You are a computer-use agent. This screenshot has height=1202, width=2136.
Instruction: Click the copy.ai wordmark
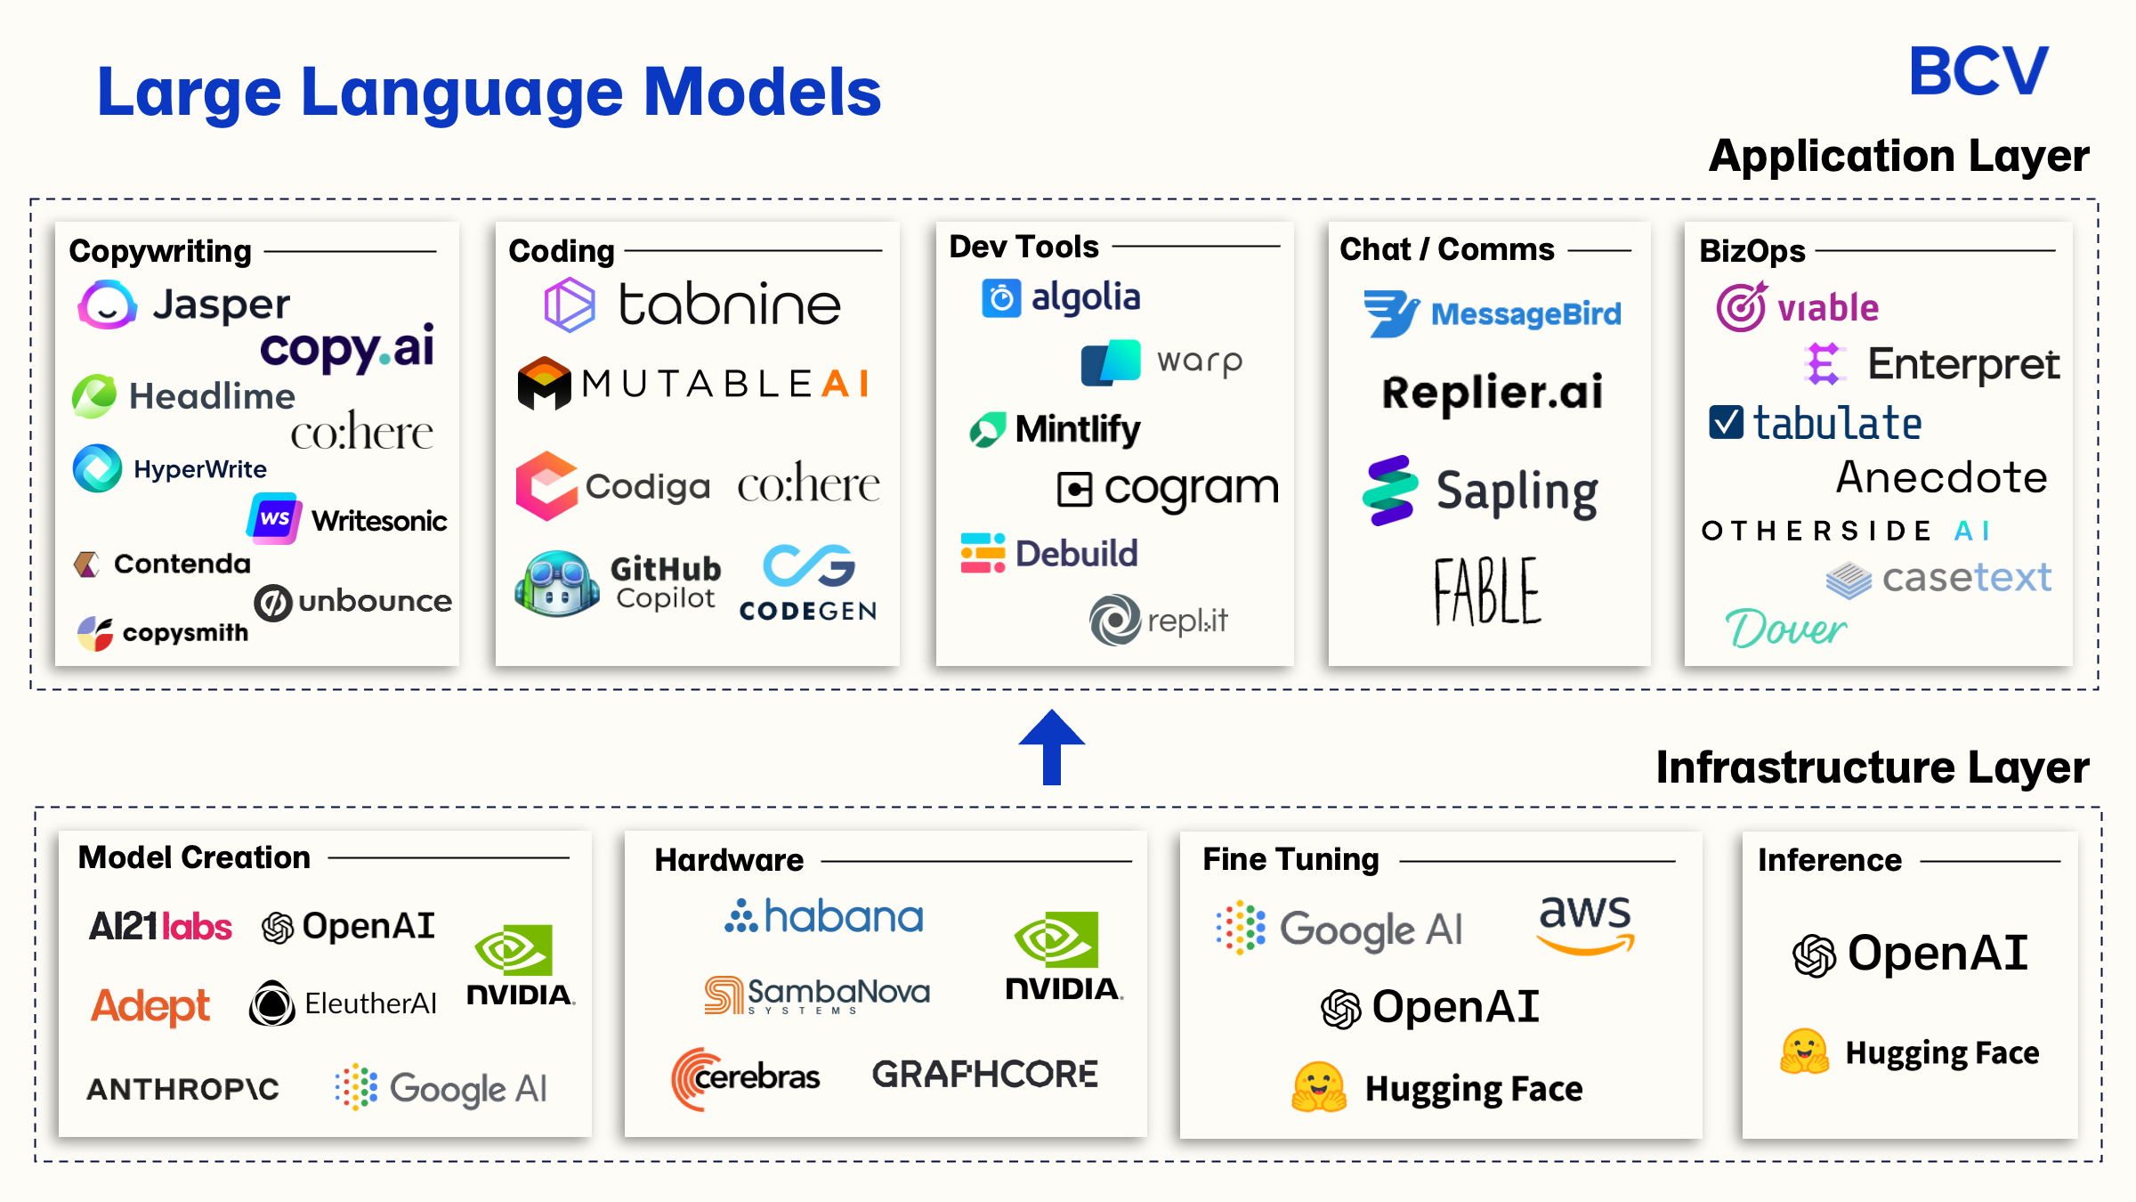[x=347, y=347]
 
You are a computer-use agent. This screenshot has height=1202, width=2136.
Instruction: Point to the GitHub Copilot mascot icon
[x=556, y=584]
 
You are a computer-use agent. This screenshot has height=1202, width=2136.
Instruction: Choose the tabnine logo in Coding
[x=692, y=305]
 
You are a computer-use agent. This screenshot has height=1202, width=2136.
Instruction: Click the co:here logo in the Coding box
[x=808, y=484]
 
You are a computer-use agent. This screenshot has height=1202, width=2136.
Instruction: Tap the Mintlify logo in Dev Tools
[x=1056, y=429]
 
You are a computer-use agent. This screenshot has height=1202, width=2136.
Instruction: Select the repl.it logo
[x=1159, y=620]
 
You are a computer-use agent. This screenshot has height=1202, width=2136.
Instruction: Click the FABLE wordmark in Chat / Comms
[x=1487, y=591]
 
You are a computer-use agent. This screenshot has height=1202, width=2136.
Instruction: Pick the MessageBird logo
[x=1493, y=313]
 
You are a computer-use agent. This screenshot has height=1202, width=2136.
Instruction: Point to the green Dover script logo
[x=1785, y=629]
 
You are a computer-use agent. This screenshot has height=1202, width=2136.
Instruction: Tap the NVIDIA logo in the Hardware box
[x=1063, y=956]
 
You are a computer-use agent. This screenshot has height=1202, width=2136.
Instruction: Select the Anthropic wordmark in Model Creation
[x=183, y=1088]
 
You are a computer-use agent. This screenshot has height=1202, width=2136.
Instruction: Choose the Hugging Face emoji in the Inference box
[x=1804, y=1052]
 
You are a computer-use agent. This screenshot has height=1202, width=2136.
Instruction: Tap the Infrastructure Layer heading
[x=1872, y=767]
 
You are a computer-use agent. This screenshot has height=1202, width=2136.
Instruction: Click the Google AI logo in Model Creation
[x=441, y=1088]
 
